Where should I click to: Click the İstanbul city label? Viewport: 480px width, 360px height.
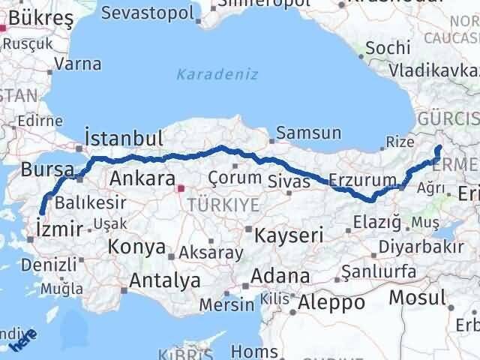point(124,139)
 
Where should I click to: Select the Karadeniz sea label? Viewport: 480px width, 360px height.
point(217,74)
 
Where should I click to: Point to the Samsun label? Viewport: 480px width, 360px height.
point(308,133)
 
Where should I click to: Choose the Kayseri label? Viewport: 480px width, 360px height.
point(288,235)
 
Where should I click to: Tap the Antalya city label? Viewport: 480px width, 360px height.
point(165,280)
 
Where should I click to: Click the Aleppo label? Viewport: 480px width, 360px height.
point(331,303)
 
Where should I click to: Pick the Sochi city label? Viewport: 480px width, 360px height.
point(388,48)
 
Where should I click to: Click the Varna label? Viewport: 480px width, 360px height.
point(78,64)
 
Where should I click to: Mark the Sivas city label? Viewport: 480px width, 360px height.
point(289,181)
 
